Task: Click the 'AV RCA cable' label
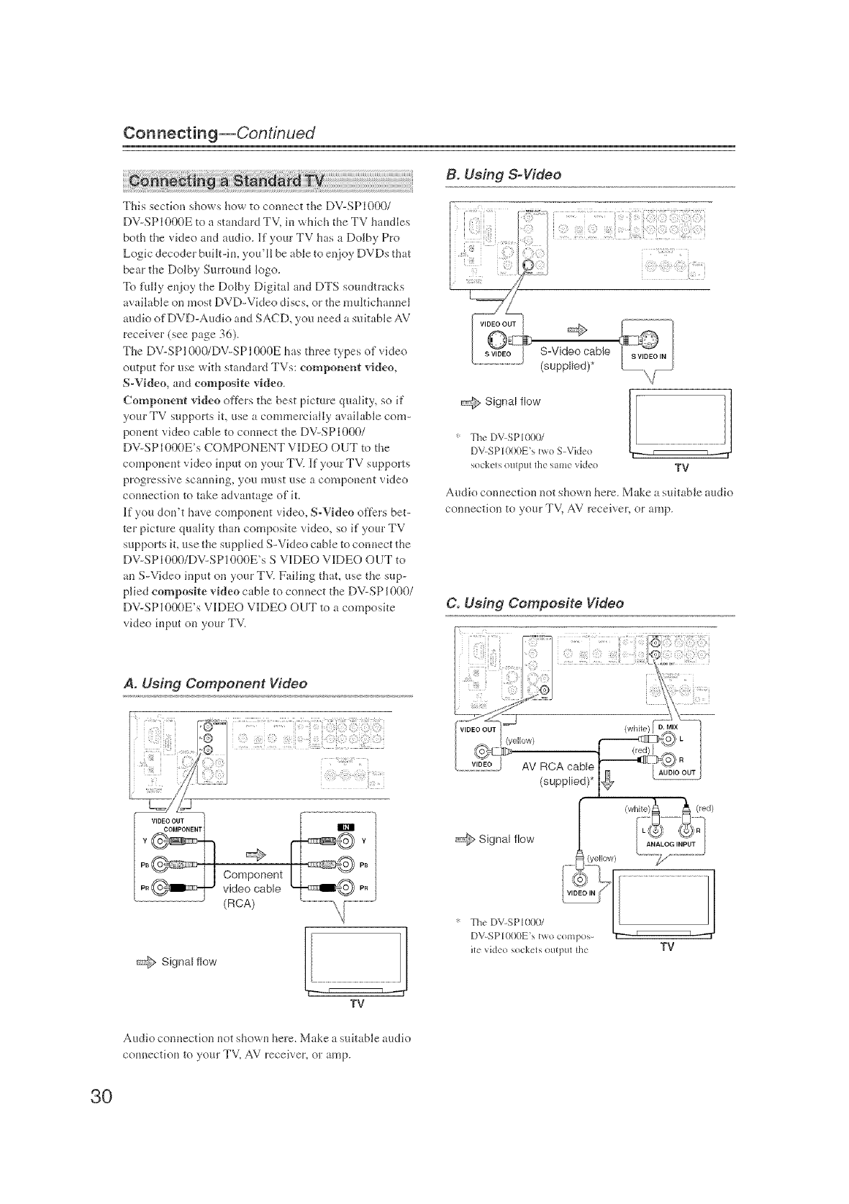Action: point(558,765)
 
